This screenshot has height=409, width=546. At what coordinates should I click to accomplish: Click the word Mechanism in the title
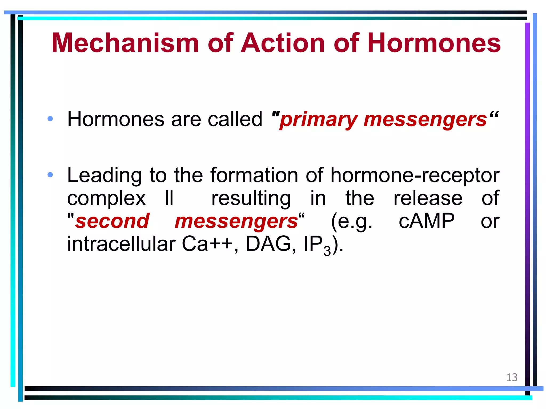pos(125,43)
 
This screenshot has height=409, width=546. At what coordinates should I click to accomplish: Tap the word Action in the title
pos(283,43)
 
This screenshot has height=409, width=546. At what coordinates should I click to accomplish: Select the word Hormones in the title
pos(434,43)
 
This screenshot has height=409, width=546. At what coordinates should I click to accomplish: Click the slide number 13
pos(512,378)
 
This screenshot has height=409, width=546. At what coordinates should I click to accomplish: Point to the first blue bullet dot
pos(50,119)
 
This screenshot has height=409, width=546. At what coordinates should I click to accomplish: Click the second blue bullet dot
pos(50,175)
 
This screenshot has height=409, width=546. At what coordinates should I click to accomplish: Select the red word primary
pos(319,120)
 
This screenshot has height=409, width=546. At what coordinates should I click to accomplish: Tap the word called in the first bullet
pos(235,119)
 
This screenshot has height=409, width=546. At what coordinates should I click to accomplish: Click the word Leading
pos(104,176)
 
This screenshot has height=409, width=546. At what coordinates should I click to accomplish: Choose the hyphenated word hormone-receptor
pos(415,176)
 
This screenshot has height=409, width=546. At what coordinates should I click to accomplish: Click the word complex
pos(106,199)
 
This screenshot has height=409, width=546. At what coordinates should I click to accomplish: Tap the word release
pos(428,198)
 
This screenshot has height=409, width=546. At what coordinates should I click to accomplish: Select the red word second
pos(112,221)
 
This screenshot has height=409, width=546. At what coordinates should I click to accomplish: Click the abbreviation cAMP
pos(426,221)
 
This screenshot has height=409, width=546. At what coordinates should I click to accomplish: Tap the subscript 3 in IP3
pos(327,251)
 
